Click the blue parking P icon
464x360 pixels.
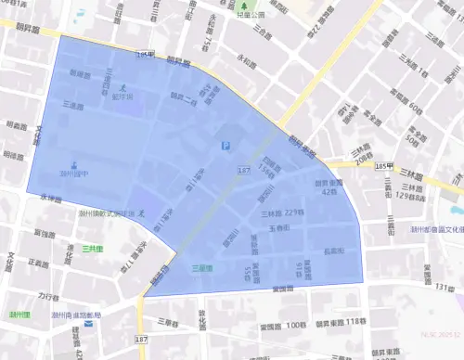224,146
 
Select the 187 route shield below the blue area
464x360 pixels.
141,341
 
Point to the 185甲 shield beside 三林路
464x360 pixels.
384,166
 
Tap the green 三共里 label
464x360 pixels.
92,249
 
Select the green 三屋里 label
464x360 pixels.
202,268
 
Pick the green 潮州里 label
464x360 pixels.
20,315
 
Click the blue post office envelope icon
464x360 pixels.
88,324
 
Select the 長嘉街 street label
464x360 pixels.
334,251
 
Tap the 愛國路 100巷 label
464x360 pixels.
283,326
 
